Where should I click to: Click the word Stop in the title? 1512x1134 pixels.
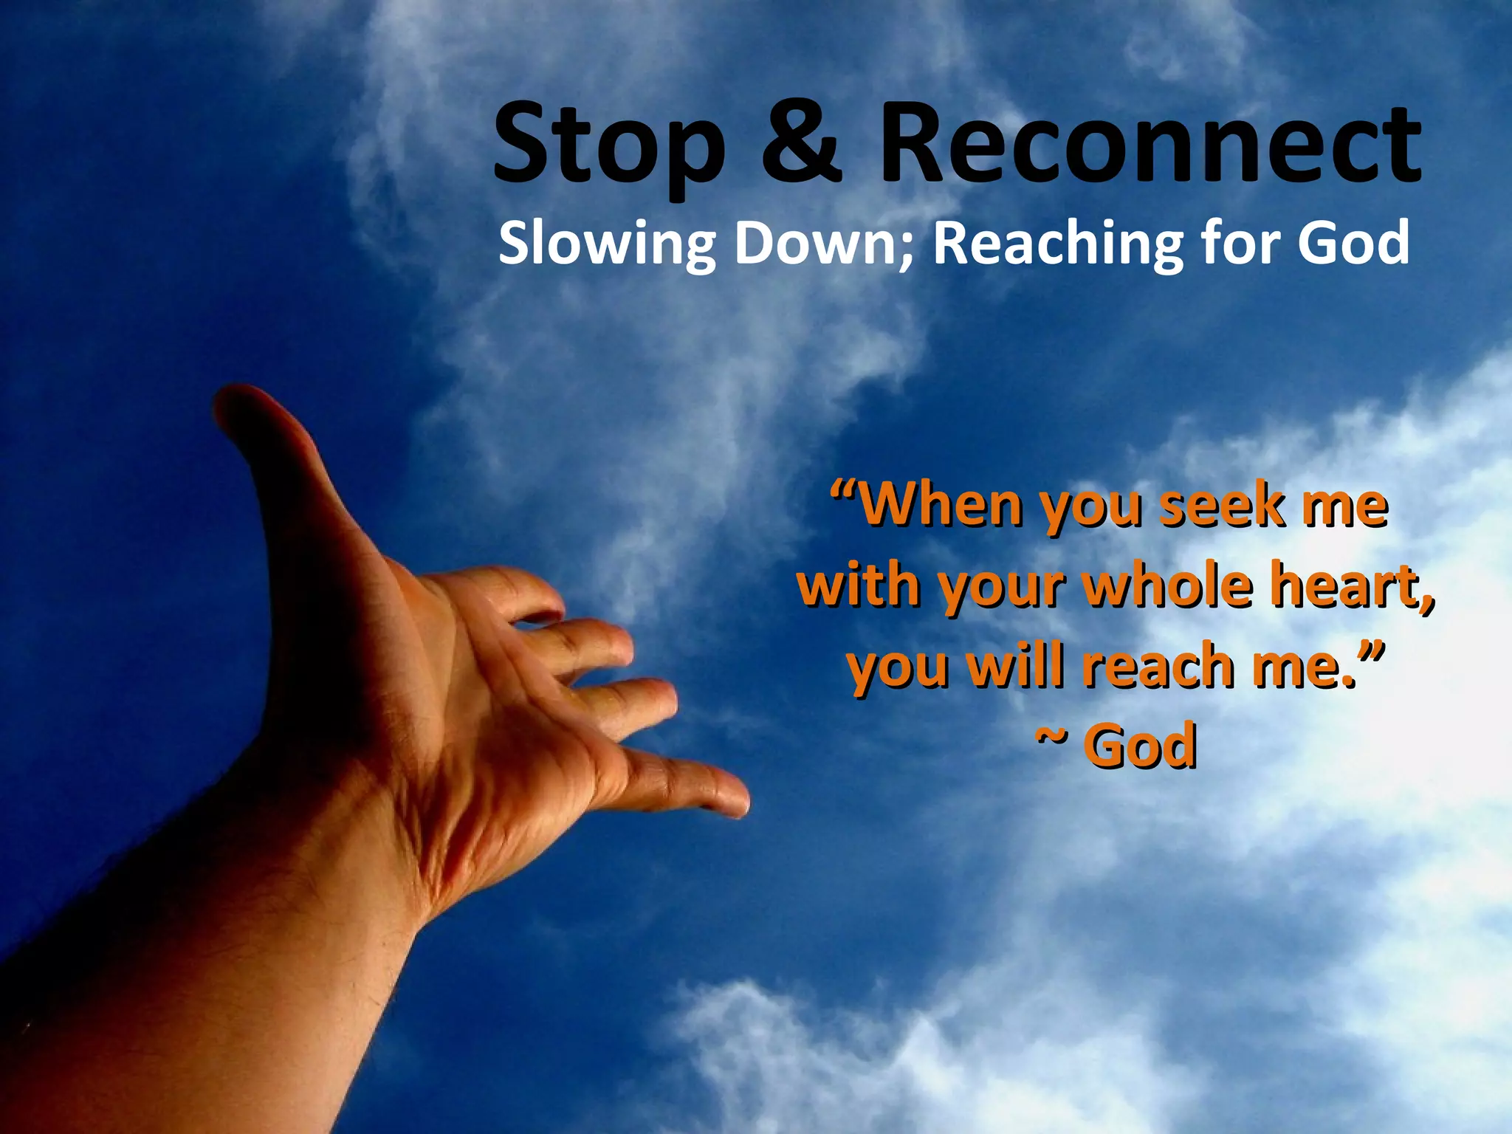point(608,144)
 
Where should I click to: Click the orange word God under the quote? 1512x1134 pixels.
point(1140,746)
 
